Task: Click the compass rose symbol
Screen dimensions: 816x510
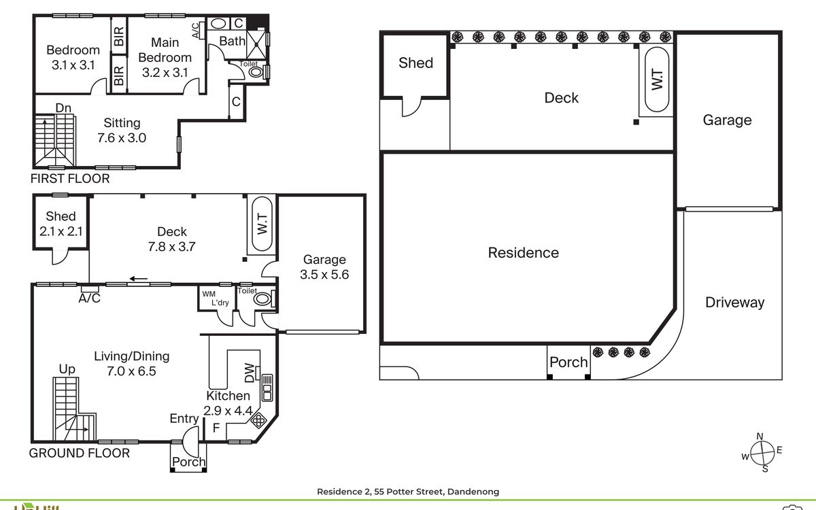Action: pyautogui.click(x=762, y=453)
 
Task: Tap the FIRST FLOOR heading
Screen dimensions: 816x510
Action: pyautogui.click(x=70, y=178)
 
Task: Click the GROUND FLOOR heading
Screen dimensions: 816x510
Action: pyautogui.click(x=80, y=453)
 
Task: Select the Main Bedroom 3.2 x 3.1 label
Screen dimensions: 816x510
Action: pyautogui.click(x=165, y=58)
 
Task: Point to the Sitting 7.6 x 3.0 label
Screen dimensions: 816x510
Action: pyautogui.click(x=122, y=131)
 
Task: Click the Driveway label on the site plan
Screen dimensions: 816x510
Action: pyautogui.click(x=735, y=303)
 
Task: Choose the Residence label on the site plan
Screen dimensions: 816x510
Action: pyautogui.click(x=524, y=253)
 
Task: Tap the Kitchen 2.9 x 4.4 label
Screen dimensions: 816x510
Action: pyautogui.click(x=228, y=403)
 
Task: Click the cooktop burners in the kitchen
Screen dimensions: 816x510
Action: pyautogui.click(x=258, y=421)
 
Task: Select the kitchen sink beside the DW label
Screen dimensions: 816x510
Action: pyautogui.click(x=267, y=388)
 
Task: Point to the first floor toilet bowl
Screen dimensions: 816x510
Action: pyautogui.click(x=256, y=72)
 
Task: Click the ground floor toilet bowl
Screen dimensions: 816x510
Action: pyautogui.click(x=262, y=299)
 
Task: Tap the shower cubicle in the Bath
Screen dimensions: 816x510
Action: pyautogui.click(x=257, y=44)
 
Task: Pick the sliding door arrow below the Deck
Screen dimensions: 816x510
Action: pyautogui.click(x=139, y=279)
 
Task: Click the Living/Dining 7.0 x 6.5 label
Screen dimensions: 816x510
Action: pyautogui.click(x=131, y=364)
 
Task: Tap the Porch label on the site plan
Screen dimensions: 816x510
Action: pyautogui.click(x=568, y=362)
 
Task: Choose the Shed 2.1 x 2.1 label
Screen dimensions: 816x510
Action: pyautogui.click(x=61, y=224)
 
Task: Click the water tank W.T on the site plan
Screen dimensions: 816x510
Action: pyautogui.click(x=657, y=80)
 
